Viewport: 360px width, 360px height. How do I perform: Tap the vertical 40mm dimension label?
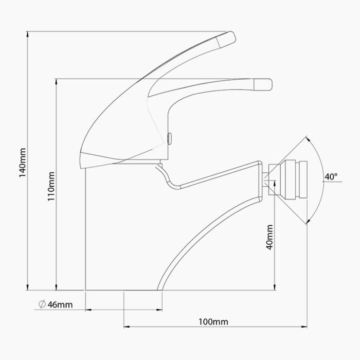pyautogui.click(x=269, y=237)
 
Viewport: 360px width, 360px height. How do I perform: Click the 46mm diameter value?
pyautogui.click(x=60, y=305)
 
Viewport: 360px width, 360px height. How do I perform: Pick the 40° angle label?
pyautogui.click(x=331, y=177)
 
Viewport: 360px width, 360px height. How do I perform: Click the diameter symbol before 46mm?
pyautogui.click(x=42, y=305)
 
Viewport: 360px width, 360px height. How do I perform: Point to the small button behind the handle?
pyautogui.click(x=169, y=138)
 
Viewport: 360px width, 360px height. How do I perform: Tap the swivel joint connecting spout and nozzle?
pyautogui.click(x=268, y=178)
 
